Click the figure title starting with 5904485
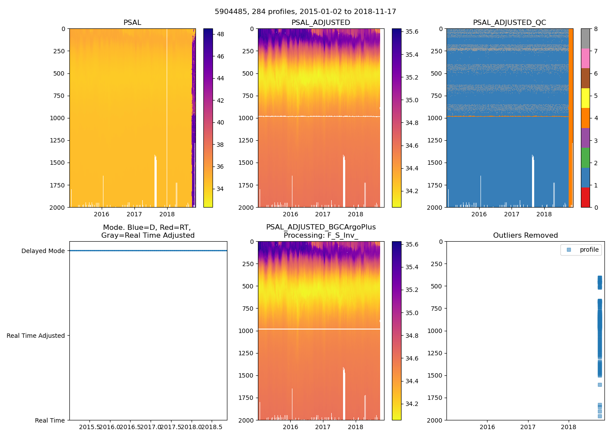point(305,12)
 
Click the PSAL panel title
point(132,23)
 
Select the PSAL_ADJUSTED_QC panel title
point(509,23)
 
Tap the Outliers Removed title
point(525,236)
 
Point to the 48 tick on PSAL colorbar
point(220,34)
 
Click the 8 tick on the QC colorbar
point(596,29)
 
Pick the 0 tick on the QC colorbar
point(596,207)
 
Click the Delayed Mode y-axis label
point(43,251)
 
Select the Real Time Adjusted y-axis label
point(36,336)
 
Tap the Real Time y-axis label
point(50,420)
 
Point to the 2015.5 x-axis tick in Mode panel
point(90,427)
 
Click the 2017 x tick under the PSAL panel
point(134,214)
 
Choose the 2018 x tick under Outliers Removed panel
point(568,427)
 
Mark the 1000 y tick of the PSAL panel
point(57,118)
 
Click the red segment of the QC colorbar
point(585,198)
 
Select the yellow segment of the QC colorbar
point(585,98)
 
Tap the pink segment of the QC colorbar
point(585,59)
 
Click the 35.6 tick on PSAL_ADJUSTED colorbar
point(412,31)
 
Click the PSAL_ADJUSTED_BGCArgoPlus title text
point(321,227)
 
